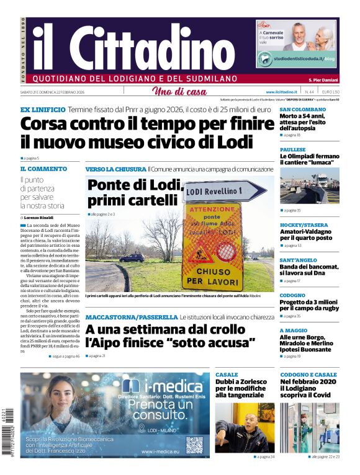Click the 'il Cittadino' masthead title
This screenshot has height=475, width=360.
coord(133,48)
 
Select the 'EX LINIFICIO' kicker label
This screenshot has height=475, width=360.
coord(42,109)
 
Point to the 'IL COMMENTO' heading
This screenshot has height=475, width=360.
coord(43,169)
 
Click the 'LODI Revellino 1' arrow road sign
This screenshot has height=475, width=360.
coord(224,191)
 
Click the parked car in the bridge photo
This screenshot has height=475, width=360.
coord(132,257)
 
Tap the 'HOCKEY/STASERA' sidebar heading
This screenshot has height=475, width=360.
coord(304,225)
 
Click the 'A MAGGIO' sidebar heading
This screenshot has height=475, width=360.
coord(294,331)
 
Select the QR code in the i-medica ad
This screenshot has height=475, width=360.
coord(194,445)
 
